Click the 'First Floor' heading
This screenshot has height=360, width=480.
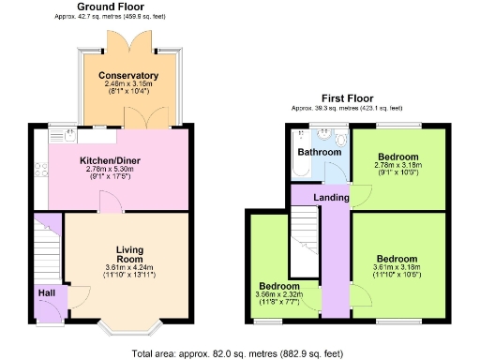[x=347, y=97]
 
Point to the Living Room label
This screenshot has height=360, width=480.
[x=129, y=253]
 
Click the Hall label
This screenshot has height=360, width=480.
[x=47, y=293]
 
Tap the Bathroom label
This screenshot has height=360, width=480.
[x=319, y=152]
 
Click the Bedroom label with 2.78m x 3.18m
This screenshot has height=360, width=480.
[x=397, y=157]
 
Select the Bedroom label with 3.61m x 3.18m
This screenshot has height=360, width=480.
[x=397, y=259]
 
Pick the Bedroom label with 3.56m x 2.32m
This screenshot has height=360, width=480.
[x=279, y=286]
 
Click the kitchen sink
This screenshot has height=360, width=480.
[x=69, y=136]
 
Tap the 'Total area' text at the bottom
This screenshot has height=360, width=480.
[x=238, y=353]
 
